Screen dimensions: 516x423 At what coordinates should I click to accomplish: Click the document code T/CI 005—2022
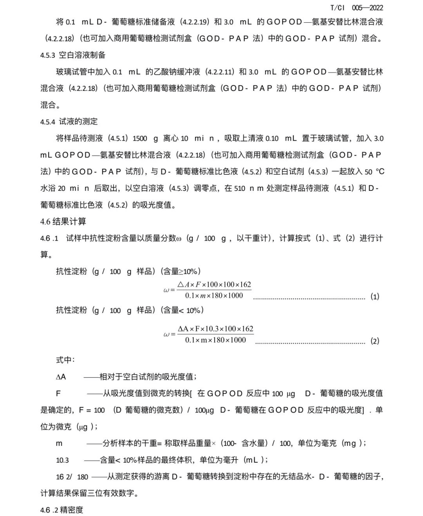click(356, 7)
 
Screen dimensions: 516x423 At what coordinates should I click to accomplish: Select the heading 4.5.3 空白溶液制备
click(73, 55)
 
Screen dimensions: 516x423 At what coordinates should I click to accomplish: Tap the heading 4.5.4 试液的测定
click(69, 121)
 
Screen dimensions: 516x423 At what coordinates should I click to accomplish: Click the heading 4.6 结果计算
click(63, 221)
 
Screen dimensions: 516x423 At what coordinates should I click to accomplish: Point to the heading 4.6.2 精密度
click(61, 510)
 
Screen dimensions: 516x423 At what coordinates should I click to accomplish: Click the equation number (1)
click(375, 297)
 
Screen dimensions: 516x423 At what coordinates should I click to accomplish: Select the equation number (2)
click(375, 341)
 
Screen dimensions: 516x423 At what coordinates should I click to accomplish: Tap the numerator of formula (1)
click(214, 284)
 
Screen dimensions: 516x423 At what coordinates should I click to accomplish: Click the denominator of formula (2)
click(215, 340)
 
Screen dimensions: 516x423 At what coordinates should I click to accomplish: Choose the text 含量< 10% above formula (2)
click(182, 310)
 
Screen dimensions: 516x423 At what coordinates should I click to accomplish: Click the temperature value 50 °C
click(374, 172)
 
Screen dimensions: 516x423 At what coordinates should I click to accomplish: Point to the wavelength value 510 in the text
click(240, 188)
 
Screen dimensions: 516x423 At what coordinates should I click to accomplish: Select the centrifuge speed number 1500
click(140, 138)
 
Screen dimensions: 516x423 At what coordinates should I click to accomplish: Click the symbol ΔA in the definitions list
click(61, 377)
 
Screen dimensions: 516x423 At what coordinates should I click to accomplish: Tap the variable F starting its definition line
click(58, 393)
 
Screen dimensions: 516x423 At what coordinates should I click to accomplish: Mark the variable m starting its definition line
click(59, 444)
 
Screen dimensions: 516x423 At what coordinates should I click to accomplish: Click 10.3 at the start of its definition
click(62, 460)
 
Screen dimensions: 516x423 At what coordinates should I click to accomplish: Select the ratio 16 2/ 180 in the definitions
click(72, 477)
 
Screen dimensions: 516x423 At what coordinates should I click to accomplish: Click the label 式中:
click(65, 360)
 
